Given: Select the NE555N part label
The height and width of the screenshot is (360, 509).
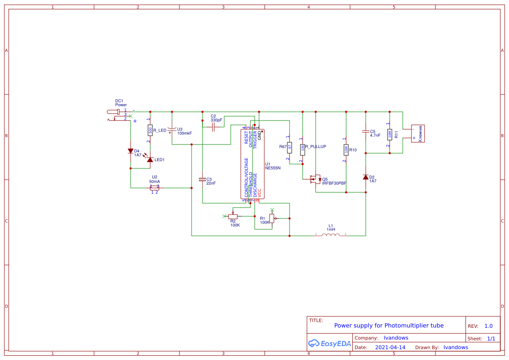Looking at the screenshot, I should coord(273,168).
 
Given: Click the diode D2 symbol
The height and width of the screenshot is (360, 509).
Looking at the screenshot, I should coord(365,177).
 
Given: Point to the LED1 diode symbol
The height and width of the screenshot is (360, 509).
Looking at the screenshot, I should coord(150,160).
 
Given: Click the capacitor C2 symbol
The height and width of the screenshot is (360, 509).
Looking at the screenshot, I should coord(213,127).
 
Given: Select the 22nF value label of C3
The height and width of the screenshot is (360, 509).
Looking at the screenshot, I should coord(211,183).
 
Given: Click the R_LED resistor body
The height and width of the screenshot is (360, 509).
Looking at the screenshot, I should coord(150,130).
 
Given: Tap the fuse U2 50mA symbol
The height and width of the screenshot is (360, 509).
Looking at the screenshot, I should coord(155,188).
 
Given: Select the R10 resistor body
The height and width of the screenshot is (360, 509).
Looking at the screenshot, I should coord(346,150).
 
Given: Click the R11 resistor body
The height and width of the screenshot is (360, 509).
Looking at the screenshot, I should coord(390,135).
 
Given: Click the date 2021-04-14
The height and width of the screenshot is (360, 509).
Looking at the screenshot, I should coord(390,347).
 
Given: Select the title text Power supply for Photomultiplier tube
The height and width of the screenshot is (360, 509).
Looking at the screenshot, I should coord(389,326).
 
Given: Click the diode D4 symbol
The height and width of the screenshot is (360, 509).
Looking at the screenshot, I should coord(131,151).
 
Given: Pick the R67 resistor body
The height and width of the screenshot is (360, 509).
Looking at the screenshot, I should coord(289,147).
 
